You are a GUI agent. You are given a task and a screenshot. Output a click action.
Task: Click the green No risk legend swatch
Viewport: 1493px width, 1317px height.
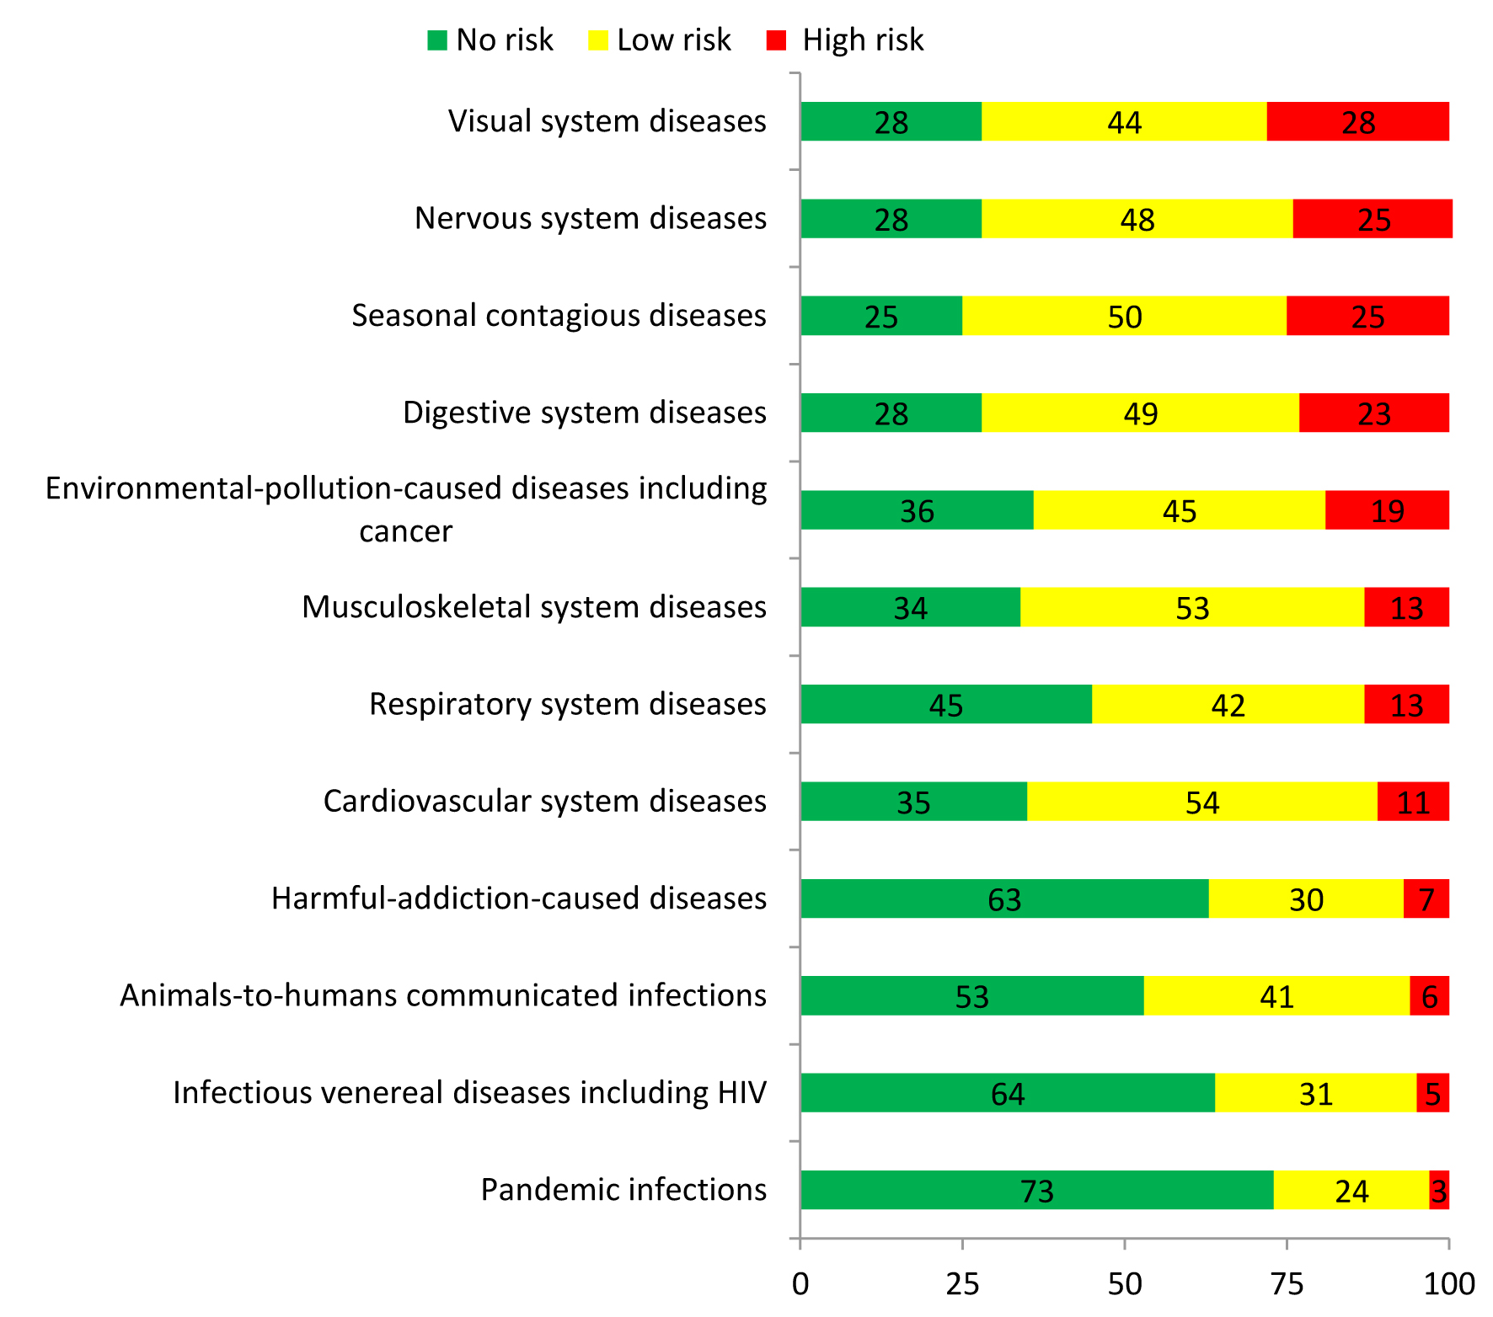click(437, 40)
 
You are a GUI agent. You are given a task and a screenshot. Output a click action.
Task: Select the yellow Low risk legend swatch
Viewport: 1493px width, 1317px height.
click(597, 40)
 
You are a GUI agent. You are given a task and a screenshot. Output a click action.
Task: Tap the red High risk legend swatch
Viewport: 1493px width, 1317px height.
click(776, 40)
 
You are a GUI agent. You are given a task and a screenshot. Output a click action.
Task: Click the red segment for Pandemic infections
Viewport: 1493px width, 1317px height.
click(1439, 1190)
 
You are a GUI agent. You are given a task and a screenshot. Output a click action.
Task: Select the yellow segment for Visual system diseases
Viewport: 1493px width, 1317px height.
click(1124, 122)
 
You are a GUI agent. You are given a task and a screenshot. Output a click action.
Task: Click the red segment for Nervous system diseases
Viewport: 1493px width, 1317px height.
click(1373, 219)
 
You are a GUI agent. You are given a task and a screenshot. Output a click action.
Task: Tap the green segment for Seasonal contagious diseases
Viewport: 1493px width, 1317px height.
click(881, 316)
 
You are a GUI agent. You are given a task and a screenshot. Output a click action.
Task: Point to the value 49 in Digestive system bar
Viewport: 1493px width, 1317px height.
click(1141, 413)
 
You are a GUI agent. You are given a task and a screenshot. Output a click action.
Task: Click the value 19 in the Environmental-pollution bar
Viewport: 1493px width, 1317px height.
click(1388, 511)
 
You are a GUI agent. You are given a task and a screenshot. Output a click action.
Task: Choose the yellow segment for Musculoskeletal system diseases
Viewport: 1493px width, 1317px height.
click(1192, 607)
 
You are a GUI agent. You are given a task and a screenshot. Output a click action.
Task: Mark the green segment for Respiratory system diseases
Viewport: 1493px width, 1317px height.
click(946, 704)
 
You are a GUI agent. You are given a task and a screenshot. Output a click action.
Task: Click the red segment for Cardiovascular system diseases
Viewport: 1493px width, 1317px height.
click(1413, 802)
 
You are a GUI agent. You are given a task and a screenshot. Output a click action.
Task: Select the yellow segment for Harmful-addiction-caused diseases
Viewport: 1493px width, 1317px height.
click(1306, 898)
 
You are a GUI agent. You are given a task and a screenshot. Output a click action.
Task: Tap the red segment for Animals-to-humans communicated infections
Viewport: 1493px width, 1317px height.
click(1429, 996)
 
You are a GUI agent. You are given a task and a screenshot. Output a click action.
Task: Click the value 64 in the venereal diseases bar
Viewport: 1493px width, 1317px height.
click(1008, 1094)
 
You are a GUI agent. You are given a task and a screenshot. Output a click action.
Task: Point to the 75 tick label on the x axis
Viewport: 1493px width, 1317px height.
click(1287, 1284)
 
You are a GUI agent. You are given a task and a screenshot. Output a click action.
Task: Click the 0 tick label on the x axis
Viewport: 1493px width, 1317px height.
click(800, 1284)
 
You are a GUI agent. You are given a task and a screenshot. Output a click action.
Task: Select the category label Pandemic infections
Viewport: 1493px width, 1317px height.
click(623, 1190)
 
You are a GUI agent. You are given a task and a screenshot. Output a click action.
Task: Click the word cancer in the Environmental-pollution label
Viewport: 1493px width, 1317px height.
click(405, 532)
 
